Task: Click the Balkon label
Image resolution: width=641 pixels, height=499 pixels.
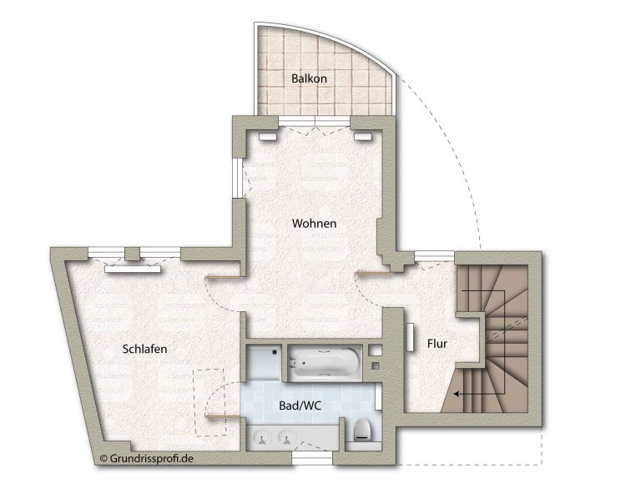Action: [309, 78]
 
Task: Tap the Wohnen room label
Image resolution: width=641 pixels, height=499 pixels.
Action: [314, 224]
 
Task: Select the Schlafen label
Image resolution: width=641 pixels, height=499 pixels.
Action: [144, 349]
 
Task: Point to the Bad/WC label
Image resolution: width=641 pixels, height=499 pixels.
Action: [300, 406]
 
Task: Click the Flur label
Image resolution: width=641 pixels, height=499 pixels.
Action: [437, 344]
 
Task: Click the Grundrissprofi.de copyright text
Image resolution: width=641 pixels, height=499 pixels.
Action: [146, 459]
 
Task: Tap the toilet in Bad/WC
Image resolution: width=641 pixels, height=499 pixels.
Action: [363, 430]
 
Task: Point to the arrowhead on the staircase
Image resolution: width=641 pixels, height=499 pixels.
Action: [457, 395]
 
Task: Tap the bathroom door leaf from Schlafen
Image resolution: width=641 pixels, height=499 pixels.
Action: [222, 416]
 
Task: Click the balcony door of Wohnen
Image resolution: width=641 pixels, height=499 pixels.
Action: [315, 121]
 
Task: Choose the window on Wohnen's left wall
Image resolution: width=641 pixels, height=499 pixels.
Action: [237, 178]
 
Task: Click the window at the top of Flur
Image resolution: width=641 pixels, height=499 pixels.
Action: [435, 256]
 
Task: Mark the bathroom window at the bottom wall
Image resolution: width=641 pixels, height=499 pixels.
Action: [313, 459]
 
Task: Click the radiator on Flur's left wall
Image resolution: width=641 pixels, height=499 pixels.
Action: [410, 338]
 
